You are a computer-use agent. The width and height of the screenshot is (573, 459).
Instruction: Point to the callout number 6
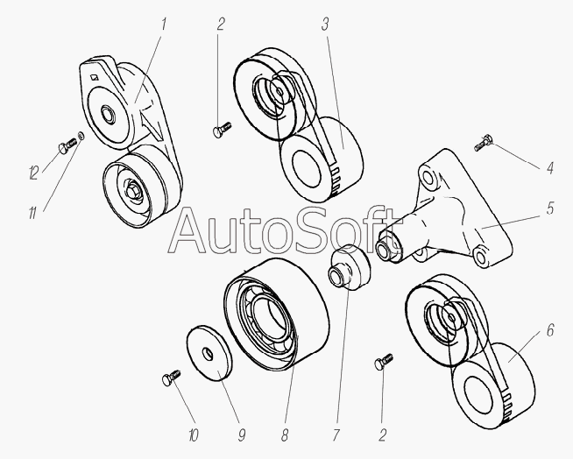click(x=549, y=332)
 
